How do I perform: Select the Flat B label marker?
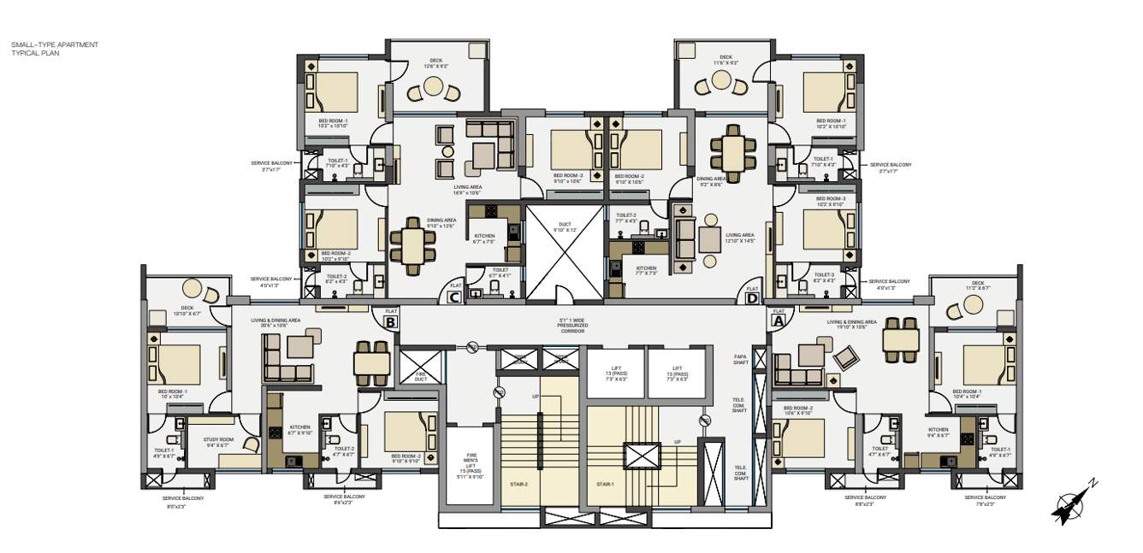tap(390, 320)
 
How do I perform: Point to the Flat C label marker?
tap(455, 294)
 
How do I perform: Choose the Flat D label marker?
tap(751, 294)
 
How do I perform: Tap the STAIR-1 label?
tap(607, 485)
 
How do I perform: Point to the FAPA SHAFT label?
tap(741, 358)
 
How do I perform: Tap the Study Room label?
tap(217, 442)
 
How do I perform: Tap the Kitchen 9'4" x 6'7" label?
tap(938, 432)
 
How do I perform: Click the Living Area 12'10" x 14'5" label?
tap(739, 238)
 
